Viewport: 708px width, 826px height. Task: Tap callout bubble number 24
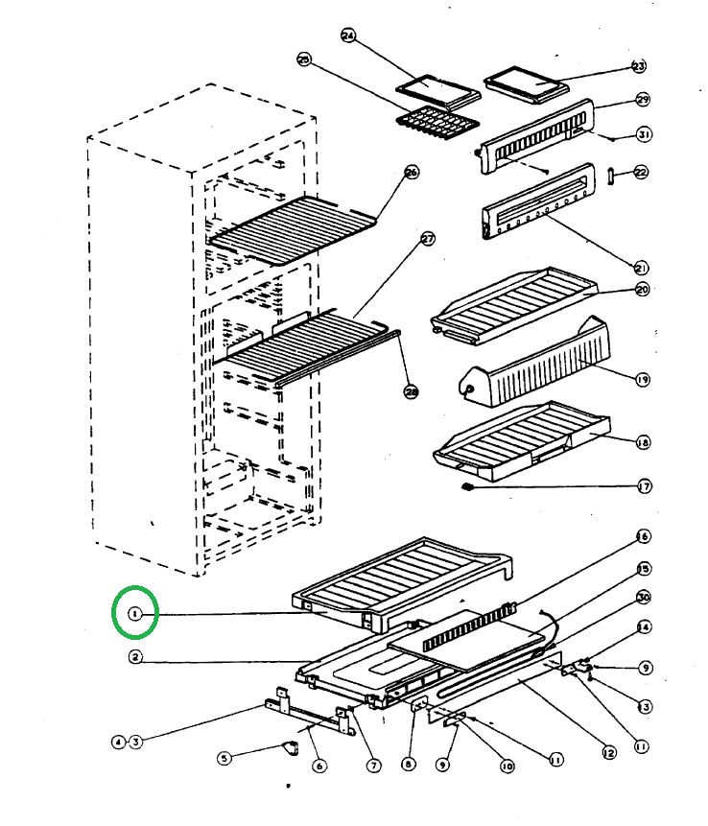pyautogui.click(x=348, y=36)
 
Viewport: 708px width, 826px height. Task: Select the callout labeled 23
pyautogui.click(x=639, y=66)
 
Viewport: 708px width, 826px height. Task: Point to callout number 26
pyautogui.click(x=412, y=173)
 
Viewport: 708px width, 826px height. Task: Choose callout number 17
pyautogui.click(x=645, y=486)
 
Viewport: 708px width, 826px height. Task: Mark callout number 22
pyautogui.click(x=641, y=173)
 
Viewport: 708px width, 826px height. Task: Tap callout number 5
pyautogui.click(x=224, y=758)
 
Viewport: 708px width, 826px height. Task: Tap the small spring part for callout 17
pyautogui.click(x=469, y=486)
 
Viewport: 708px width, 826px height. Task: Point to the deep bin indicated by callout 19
pyautogui.click(x=537, y=365)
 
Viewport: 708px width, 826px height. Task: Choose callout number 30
pyautogui.click(x=644, y=597)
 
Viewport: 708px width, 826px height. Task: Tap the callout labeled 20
pyautogui.click(x=642, y=289)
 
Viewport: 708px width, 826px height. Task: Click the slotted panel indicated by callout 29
pyautogui.click(x=537, y=139)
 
